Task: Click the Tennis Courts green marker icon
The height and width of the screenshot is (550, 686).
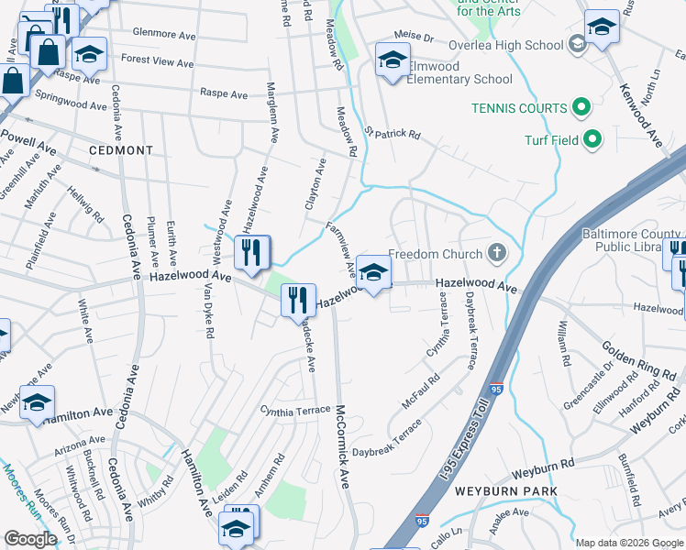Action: click(x=581, y=109)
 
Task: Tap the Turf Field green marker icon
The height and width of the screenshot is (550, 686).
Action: click(x=592, y=140)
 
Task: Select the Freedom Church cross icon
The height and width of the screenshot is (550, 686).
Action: click(x=496, y=252)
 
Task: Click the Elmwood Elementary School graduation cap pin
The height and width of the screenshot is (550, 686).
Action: click(x=393, y=60)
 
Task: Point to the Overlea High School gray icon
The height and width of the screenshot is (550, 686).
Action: click(x=577, y=44)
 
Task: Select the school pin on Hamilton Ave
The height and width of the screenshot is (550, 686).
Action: click(x=37, y=402)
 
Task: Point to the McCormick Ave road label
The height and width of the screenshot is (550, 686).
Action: click(x=343, y=446)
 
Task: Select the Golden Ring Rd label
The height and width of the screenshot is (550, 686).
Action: click(x=638, y=360)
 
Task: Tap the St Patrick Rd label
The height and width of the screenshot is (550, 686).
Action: click(x=392, y=134)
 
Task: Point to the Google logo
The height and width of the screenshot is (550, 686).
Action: click(x=30, y=539)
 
